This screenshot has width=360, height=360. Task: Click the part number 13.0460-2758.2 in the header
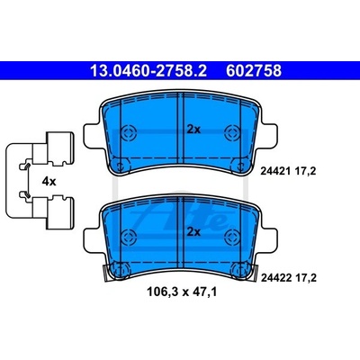tap(148, 71)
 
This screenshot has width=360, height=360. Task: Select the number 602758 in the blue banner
tap(254, 71)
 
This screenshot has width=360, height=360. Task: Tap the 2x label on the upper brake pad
tap(193, 130)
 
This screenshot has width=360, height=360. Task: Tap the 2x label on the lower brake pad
tap(193, 232)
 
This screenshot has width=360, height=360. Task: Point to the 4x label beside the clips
tap(49, 181)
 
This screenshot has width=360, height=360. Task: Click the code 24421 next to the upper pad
tap(274, 172)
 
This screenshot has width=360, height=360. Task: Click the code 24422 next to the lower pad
tap(276, 278)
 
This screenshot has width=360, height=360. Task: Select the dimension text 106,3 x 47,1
tap(182, 292)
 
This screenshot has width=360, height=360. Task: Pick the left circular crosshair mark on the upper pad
tap(129, 131)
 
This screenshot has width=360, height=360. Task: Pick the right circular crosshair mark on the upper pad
tap(231, 131)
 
